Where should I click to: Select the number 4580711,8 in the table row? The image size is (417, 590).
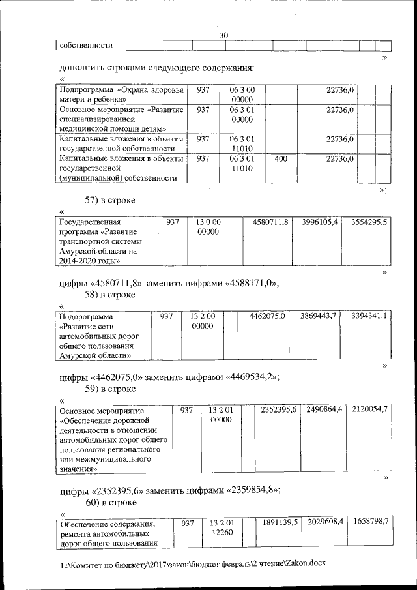point(270,222)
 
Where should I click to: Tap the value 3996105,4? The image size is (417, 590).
point(319,222)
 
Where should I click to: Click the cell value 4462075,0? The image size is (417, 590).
point(267,316)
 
